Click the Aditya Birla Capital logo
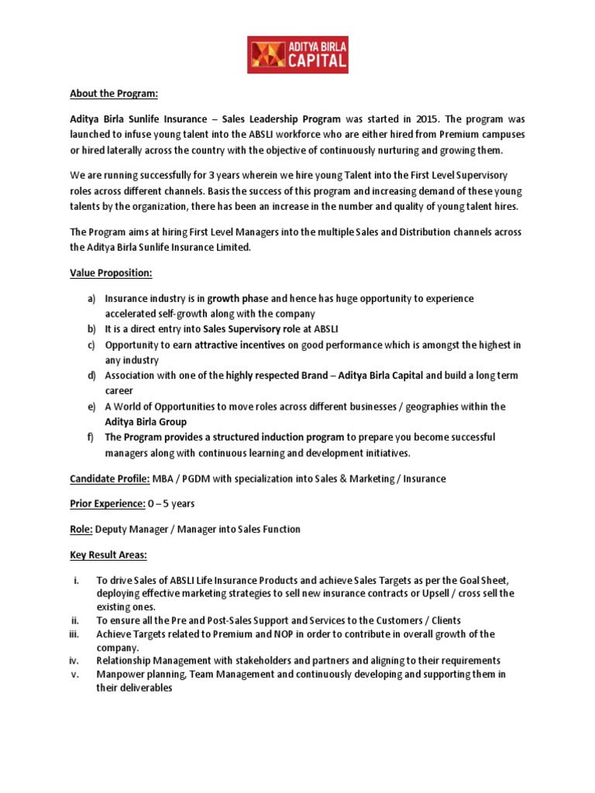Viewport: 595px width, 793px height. coord(297,55)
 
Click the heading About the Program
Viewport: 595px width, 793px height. coord(113,94)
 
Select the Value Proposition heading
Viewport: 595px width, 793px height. coord(111,273)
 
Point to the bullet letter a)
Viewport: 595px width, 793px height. coord(90,299)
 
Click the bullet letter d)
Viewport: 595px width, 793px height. coord(90,376)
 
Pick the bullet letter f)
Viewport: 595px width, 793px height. coord(90,438)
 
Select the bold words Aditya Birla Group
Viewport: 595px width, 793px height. coord(146,422)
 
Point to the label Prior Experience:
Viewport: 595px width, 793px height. coord(107,503)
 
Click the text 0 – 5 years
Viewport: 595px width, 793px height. coord(175,503)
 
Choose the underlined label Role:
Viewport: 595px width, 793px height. coord(81,529)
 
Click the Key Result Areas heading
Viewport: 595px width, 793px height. coord(108,554)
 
